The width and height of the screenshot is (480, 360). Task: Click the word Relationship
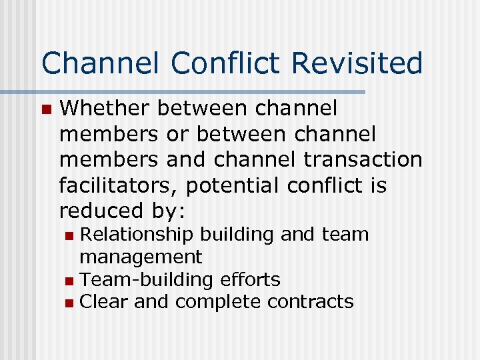(137, 235)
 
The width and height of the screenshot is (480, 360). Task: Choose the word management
(141, 257)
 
